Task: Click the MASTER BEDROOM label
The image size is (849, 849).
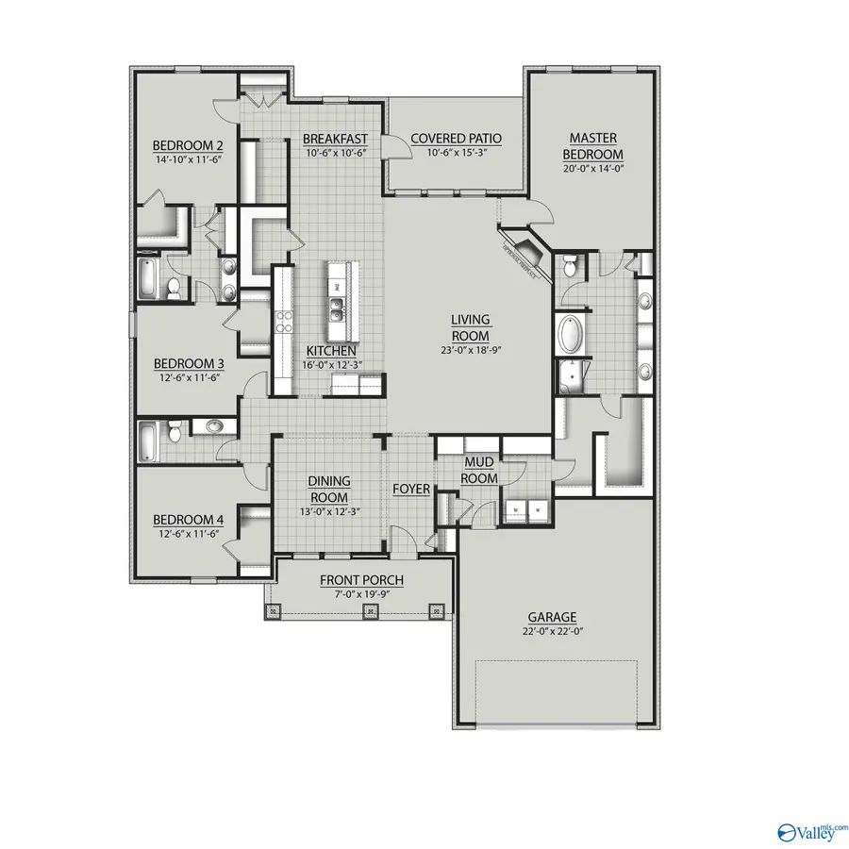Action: point(592,146)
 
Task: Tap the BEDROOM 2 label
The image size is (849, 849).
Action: point(188,145)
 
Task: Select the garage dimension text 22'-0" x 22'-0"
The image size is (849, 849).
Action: point(553,631)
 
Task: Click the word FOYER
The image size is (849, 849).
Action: point(411,490)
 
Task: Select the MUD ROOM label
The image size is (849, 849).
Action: point(479,471)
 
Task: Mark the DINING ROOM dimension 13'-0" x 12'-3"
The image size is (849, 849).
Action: point(329,512)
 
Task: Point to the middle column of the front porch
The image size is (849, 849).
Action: point(369,611)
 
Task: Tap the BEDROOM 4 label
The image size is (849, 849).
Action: point(188,520)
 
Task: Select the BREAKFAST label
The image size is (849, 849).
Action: point(335,139)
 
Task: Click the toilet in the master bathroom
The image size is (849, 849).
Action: point(569,269)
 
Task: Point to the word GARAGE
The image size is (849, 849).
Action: point(553,618)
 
